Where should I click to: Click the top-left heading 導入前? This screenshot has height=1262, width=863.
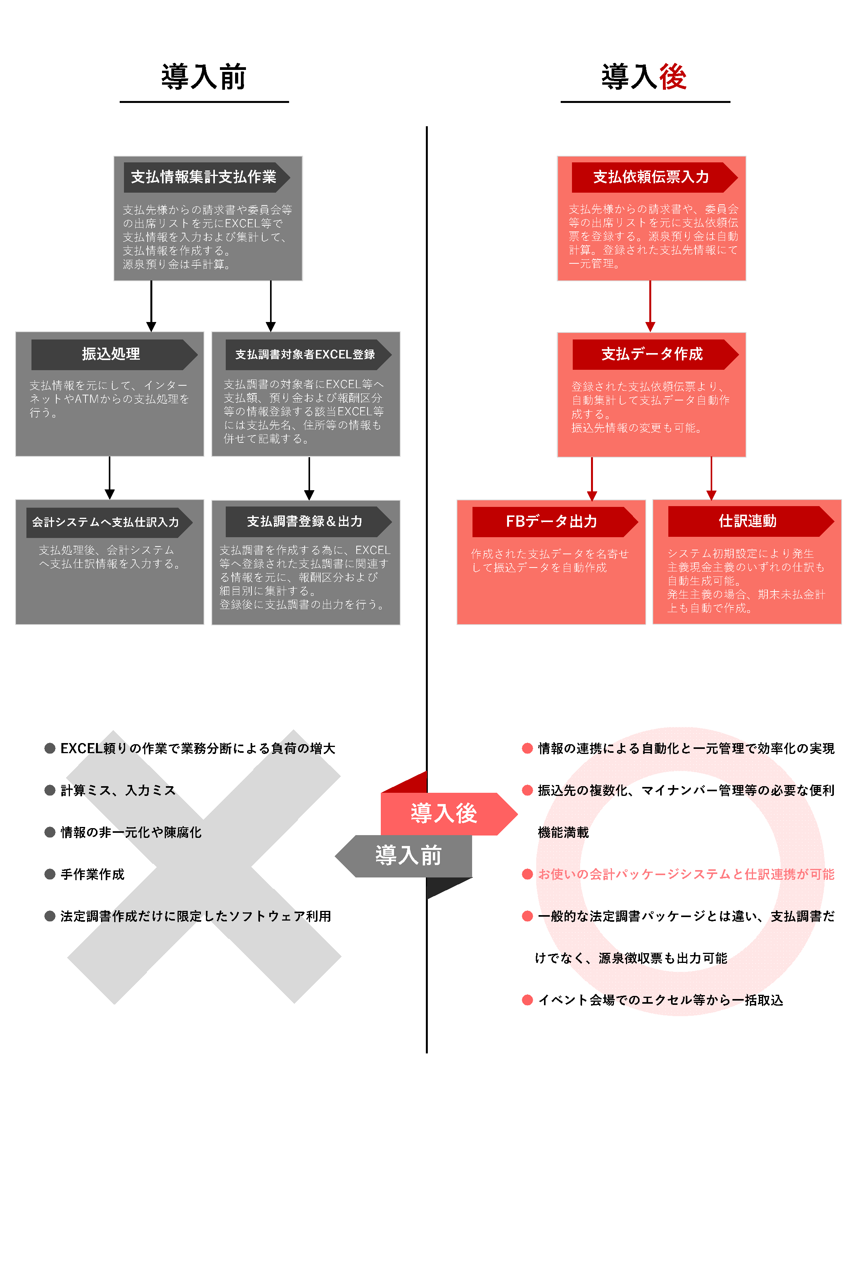tap(204, 77)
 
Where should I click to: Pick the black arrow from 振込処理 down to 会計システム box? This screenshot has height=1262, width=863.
tap(110, 477)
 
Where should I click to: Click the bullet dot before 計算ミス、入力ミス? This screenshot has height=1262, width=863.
tap(50, 790)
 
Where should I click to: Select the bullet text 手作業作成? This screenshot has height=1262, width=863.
tap(92, 874)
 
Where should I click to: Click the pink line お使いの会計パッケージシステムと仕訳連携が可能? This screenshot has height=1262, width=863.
tap(685, 874)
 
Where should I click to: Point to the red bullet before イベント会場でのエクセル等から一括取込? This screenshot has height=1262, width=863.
tap(527, 1000)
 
